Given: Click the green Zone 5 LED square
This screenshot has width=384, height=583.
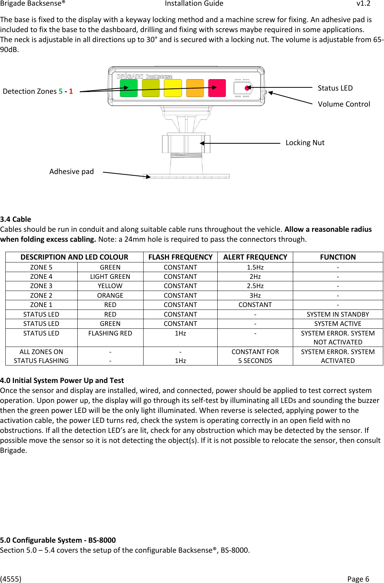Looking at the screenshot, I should (x=129, y=88).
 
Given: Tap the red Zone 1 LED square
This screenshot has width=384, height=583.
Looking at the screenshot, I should (x=217, y=88).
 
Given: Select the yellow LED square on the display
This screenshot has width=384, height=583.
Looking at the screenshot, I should (x=173, y=88).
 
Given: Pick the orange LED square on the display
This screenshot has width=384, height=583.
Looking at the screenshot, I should (x=195, y=88).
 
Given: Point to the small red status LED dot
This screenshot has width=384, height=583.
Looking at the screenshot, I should (x=247, y=88).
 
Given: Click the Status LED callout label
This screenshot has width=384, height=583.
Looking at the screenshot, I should (x=335, y=88).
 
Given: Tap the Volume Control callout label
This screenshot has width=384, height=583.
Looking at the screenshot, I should (x=344, y=104).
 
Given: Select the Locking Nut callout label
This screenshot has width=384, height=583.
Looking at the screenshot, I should (x=305, y=143).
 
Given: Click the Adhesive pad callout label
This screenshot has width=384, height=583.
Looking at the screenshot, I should (x=71, y=172).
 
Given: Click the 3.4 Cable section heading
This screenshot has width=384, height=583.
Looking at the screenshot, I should (x=16, y=219).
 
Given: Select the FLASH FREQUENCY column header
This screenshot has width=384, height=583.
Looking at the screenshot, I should (x=180, y=257).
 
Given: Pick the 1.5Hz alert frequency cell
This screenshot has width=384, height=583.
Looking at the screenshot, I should (x=255, y=267).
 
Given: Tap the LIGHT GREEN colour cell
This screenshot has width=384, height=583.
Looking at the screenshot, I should (x=110, y=276).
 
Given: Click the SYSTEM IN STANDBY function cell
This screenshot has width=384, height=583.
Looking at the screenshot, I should (x=338, y=314).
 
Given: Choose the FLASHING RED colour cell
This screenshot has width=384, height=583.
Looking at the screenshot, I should (x=110, y=333).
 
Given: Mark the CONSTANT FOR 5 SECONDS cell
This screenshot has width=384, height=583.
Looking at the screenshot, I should (x=255, y=356).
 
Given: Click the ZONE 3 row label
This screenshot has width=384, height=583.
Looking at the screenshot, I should (x=41, y=286).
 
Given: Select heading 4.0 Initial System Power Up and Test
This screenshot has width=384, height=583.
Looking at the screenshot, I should (x=62, y=380).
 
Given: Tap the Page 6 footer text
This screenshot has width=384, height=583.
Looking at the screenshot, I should (x=358, y=579).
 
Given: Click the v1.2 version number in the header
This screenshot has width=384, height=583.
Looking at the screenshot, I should (x=363, y=4).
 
